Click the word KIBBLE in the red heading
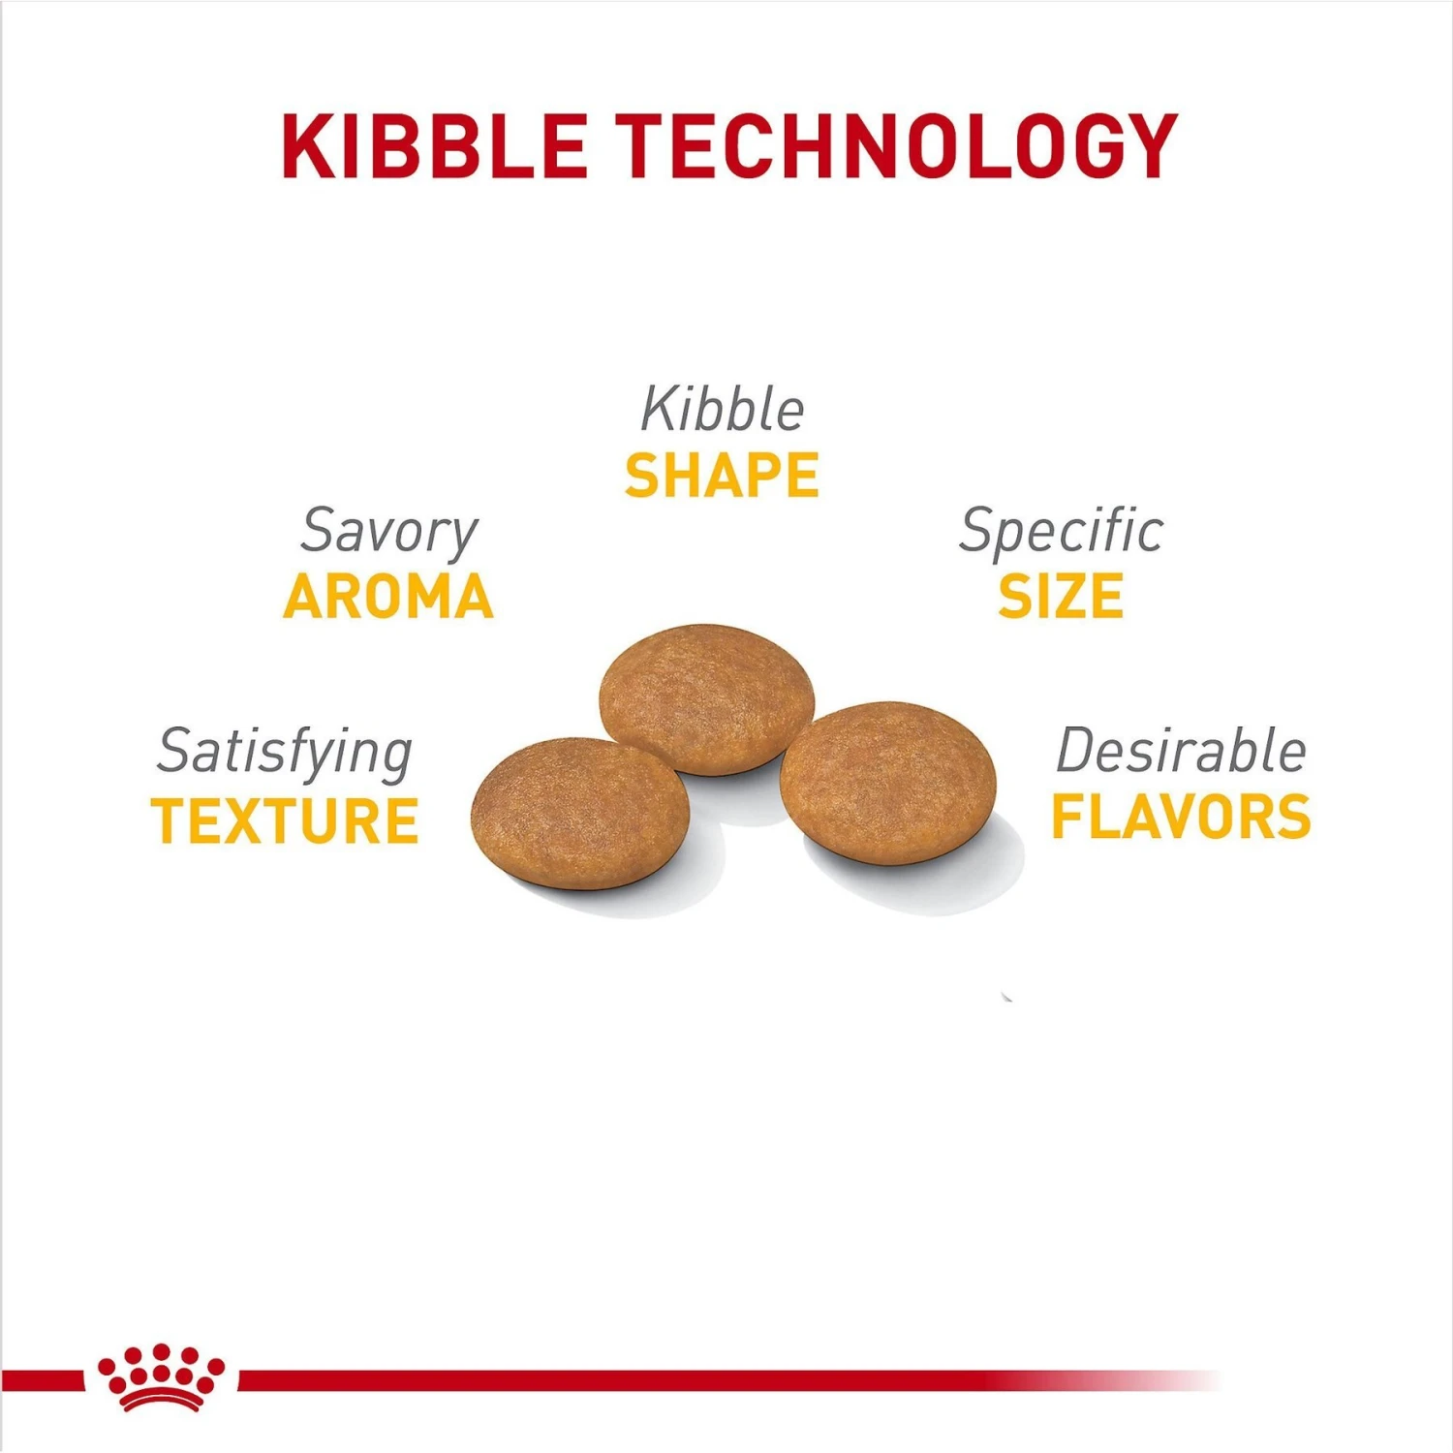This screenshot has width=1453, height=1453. point(435,146)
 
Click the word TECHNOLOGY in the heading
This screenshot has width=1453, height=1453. point(897,146)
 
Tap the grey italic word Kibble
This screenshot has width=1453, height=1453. point(723,409)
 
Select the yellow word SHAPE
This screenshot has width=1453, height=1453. point(723,476)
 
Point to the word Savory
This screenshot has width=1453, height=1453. point(389,533)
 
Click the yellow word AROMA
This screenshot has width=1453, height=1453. point(389,597)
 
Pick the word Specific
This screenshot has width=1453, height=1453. point(1062,533)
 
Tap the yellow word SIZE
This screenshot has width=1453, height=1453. point(1062,597)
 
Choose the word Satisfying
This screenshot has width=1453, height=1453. point(286,754)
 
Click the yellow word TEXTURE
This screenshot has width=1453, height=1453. point(286,820)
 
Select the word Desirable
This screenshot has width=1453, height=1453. point(1182,751)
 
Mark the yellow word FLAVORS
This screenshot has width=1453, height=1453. point(1182,817)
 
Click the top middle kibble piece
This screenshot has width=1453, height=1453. point(707,698)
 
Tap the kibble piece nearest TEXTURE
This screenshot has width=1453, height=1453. point(580,813)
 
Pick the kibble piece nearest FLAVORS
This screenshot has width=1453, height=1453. point(888,783)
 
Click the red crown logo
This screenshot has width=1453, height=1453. point(161,1376)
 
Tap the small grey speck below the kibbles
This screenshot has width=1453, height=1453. point(1007,996)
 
